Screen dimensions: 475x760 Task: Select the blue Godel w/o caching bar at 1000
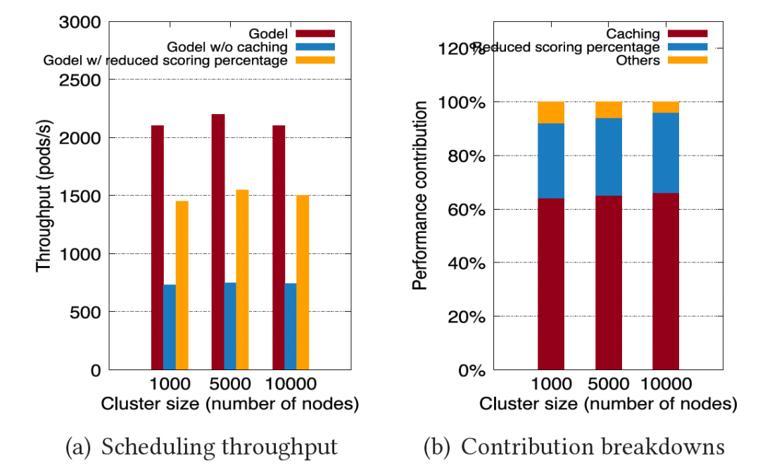[170, 327]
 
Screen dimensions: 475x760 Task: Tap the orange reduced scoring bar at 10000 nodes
[303, 282]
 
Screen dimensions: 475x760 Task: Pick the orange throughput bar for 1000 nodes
[182, 285]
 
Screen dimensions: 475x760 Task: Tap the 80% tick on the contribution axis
[464, 156]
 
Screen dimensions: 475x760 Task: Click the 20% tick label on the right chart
[464, 317]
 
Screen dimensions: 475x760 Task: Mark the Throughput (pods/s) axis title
[44, 195]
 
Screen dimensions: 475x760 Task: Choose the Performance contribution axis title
[420, 195]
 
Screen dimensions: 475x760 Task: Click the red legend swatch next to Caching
[688, 34]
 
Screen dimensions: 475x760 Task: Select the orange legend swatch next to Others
[688, 61]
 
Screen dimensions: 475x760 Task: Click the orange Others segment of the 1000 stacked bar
[551, 113]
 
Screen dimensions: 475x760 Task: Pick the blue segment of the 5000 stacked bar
[609, 156]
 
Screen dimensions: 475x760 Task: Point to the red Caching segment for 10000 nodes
[666, 281]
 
